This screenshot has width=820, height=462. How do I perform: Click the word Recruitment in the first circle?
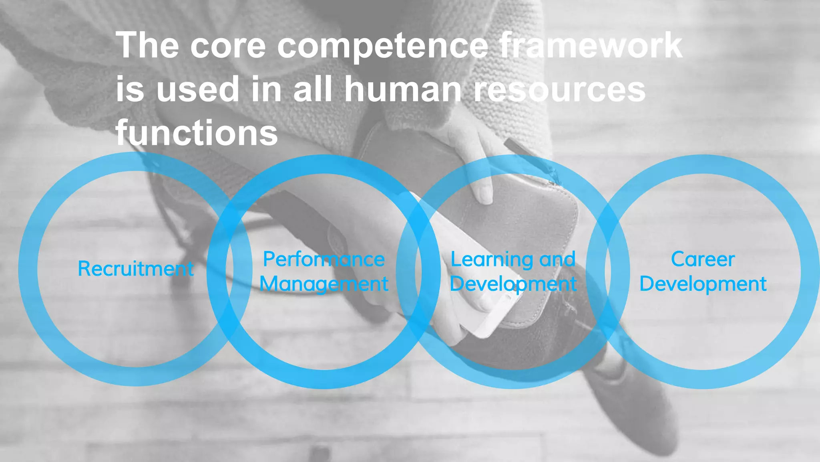pos(136,268)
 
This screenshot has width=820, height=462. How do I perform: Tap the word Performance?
pos(324,259)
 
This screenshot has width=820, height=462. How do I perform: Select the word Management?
pos(324,284)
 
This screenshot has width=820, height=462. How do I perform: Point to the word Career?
pos(703,259)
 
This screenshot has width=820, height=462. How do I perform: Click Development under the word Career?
pos(703,284)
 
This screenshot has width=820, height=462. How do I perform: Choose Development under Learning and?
pos(513,284)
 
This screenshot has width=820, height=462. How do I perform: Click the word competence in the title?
pos(382,46)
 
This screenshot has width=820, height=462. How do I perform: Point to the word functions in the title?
pos(197,133)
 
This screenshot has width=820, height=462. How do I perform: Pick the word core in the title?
pos(227,46)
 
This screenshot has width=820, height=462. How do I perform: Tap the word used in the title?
pos(198,89)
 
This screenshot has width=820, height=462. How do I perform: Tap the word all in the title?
pos(312,89)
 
